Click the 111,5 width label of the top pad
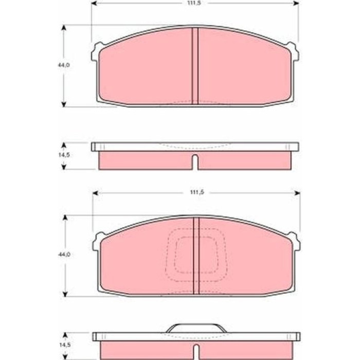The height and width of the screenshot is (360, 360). point(194,3)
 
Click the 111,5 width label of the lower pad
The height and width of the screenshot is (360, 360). point(197,192)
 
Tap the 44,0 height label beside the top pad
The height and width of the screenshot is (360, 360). point(64,65)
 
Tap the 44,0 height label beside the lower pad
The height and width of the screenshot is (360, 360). point(64,255)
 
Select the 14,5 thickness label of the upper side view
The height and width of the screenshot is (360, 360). point(64,155)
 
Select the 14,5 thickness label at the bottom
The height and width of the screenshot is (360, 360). point(65,345)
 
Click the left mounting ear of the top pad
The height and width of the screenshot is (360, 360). point(97,51)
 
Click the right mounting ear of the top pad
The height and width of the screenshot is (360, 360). point(293,51)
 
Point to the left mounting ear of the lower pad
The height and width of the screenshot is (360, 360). point(98,242)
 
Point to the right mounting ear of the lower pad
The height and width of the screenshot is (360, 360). point(295,242)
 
